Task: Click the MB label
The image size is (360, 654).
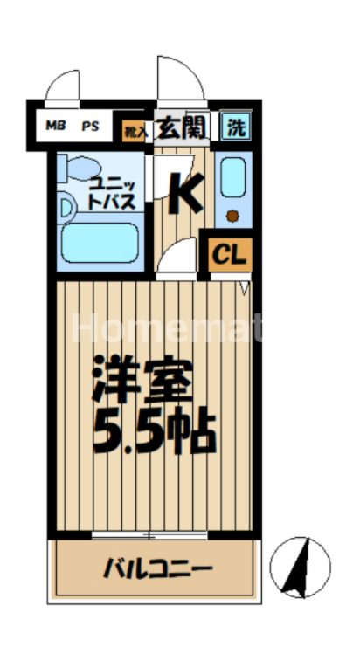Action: click(55, 126)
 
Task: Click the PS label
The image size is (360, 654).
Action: click(90, 126)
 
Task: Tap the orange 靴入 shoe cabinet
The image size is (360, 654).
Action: click(133, 129)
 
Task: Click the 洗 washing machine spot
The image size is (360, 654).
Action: click(236, 126)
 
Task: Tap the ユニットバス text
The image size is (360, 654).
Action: click(109, 193)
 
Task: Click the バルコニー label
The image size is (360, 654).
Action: click(157, 569)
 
